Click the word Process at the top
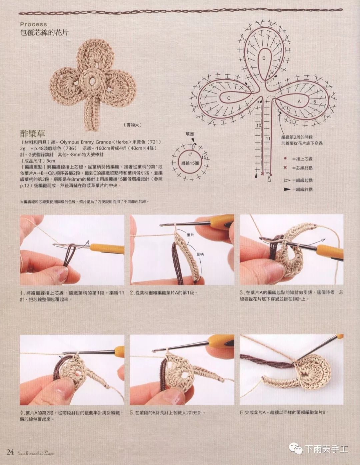coord(33,24)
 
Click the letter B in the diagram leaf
coord(264,58)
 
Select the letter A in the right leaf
coord(299,101)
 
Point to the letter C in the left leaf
coord(229,98)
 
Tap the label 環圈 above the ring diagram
coord(190,134)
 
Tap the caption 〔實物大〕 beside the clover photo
coord(132,125)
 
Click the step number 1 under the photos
coord(22,293)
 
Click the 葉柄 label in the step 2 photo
coord(200,254)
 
